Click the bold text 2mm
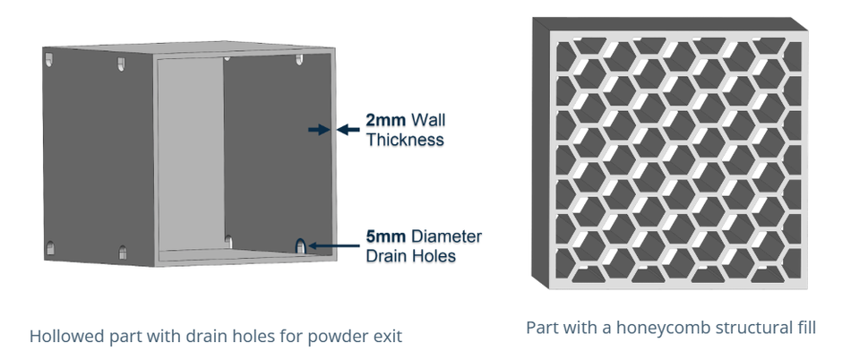point(384,120)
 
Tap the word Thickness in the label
point(404,140)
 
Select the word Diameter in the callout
point(446,237)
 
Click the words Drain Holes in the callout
point(410,256)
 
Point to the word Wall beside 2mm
point(425,120)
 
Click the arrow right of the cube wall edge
point(348,130)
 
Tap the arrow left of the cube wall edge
point(317,130)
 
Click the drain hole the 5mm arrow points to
point(301,244)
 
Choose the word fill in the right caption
point(803,328)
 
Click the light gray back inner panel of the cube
point(190,152)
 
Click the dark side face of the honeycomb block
point(541,152)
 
